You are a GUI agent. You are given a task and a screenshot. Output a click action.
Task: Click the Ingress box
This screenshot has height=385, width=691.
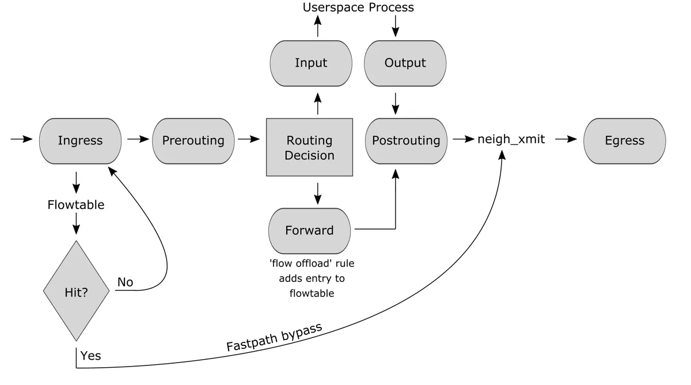[80, 140]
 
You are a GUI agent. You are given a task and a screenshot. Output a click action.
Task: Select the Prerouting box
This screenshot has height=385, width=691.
[193, 140]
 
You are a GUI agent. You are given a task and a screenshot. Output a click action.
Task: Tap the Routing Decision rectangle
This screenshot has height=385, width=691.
[309, 147]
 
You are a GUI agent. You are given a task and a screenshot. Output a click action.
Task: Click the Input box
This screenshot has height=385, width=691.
[311, 63]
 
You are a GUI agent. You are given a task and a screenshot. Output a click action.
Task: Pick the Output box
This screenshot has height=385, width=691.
[405, 63]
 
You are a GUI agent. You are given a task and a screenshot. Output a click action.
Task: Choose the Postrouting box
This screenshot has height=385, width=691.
[406, 140]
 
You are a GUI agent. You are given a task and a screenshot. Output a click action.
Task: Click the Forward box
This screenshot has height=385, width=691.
[309, 230]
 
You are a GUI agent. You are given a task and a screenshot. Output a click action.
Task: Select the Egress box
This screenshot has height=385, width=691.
[624, 140]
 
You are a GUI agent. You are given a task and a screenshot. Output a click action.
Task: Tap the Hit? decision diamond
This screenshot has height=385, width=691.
[76, 291]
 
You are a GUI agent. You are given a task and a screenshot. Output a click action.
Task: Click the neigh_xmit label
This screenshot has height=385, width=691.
[511, 139]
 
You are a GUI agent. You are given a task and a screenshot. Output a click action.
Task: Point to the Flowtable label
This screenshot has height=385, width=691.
[76, 205]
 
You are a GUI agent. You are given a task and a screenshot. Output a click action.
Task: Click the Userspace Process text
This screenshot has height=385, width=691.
[358, 7]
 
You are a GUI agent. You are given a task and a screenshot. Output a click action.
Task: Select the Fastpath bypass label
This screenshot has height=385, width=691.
[274, 337]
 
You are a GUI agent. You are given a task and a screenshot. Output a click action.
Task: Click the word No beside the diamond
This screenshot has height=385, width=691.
[125, 282]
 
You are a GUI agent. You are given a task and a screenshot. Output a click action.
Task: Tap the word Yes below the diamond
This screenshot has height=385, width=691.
[90, 356]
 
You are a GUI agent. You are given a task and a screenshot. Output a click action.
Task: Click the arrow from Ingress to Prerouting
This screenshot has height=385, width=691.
[137, 139]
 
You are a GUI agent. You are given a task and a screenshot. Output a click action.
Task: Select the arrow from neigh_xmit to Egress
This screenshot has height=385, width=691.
[565, 139]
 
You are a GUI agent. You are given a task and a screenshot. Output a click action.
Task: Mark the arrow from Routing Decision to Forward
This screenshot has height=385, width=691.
[317, 192]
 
